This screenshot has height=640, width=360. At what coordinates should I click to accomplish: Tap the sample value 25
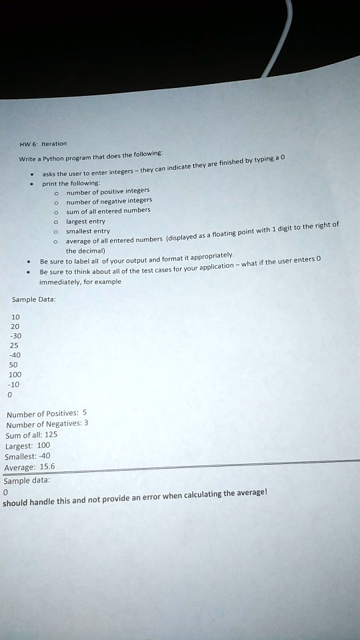[14, 346]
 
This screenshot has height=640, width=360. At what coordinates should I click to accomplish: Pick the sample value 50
[14, 365]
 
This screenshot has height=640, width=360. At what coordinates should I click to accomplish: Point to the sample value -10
[15, 384]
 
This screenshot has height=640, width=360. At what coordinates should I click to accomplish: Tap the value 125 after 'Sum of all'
[51, 435]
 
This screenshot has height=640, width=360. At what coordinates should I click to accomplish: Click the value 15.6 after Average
[48, 467]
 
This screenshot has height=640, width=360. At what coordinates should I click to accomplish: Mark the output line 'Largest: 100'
[27, 445]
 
